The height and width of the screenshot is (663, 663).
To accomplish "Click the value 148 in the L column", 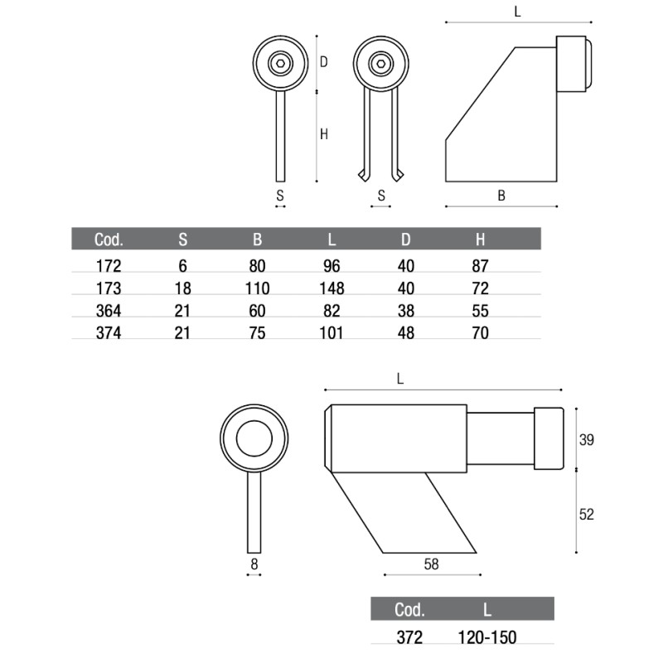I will pyautogui.click(x=331, y=288).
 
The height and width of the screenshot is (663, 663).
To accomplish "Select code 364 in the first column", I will pyautogui.click(x=109, y=311).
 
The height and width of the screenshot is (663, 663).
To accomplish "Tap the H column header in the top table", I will pyautogui.click(x=480, y=240).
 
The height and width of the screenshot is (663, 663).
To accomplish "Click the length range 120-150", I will pyautogui.click(x=487, y=637).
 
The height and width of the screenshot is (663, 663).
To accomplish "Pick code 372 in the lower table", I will pyautogui.click(x=409, y=637).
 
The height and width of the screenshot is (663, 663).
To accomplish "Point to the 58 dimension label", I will pyautogui.click(x=430, y=564).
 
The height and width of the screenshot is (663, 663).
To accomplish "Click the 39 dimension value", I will pyautogui.click(x=586, y=439).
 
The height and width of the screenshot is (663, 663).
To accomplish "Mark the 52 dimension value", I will pyautogui.click(x=586, y=513).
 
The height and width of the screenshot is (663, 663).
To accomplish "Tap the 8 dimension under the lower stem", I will pyautogui.click(x=254, y=564).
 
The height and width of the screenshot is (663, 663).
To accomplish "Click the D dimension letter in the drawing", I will pyautogui.click(x=324, y=62).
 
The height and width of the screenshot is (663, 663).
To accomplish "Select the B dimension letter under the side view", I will pyautogui.click(x=501, y=196).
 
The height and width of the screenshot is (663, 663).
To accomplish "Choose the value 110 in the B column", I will pyautogui.click(x=257, y=288).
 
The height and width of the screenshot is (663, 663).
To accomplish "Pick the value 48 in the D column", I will pyautogui.click(x=405, y=333).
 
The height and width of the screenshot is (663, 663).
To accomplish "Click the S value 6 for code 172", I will pyautogui.click(x=183, y=266).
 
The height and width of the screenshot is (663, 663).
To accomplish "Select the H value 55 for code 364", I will pyautogui.click(x=480, y=311).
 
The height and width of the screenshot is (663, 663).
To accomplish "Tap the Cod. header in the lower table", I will pyautogui.click(x=409, y=610).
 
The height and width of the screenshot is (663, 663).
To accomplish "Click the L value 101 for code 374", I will pyautogui.click(x=331, y=333).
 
